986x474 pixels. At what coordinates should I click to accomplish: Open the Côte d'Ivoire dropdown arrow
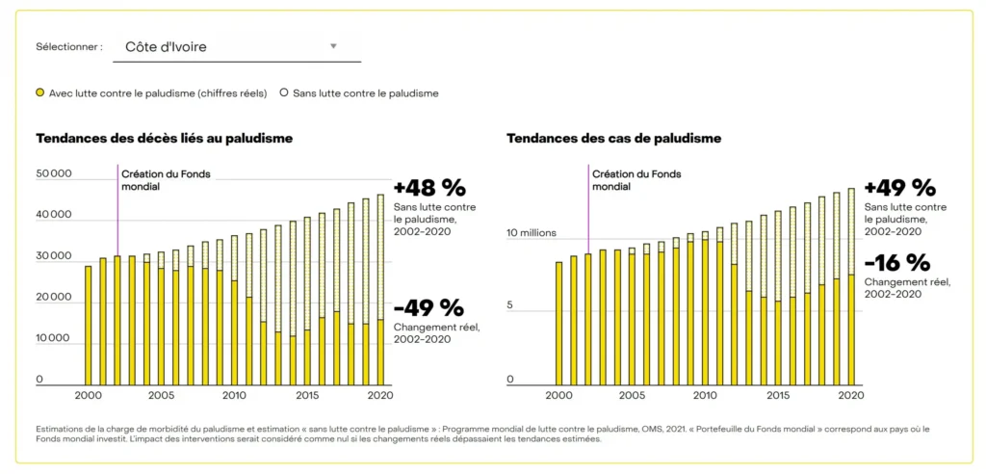coord(333,46)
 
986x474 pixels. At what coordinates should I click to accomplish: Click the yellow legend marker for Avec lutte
coord(40,93)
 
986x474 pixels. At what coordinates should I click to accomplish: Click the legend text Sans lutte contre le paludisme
coord(365,93)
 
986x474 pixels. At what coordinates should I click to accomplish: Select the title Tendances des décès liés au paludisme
coord(164,138)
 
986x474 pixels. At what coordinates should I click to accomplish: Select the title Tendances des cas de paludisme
coord(613,138)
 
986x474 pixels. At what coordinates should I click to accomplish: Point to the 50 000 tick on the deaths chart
coord(54,174)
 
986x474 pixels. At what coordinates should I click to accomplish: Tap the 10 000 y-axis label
coord(54,338)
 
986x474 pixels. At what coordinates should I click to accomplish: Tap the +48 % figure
coord(429,188)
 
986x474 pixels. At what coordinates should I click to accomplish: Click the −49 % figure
coord(429,308)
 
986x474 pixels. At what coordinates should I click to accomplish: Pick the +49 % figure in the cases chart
coord(899,188)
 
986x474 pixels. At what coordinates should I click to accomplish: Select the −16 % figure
coord(897,263)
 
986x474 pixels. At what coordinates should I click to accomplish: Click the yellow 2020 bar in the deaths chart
coord(380,353)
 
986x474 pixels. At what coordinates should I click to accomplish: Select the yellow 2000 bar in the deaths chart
coord(89,326)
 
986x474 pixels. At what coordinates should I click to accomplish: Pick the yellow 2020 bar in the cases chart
coord(850,330)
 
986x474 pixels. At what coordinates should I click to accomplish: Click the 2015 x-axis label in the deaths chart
coord(307,395)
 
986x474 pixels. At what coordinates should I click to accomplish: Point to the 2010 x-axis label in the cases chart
coord(704,395)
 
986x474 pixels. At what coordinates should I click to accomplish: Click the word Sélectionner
coord(68,46)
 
